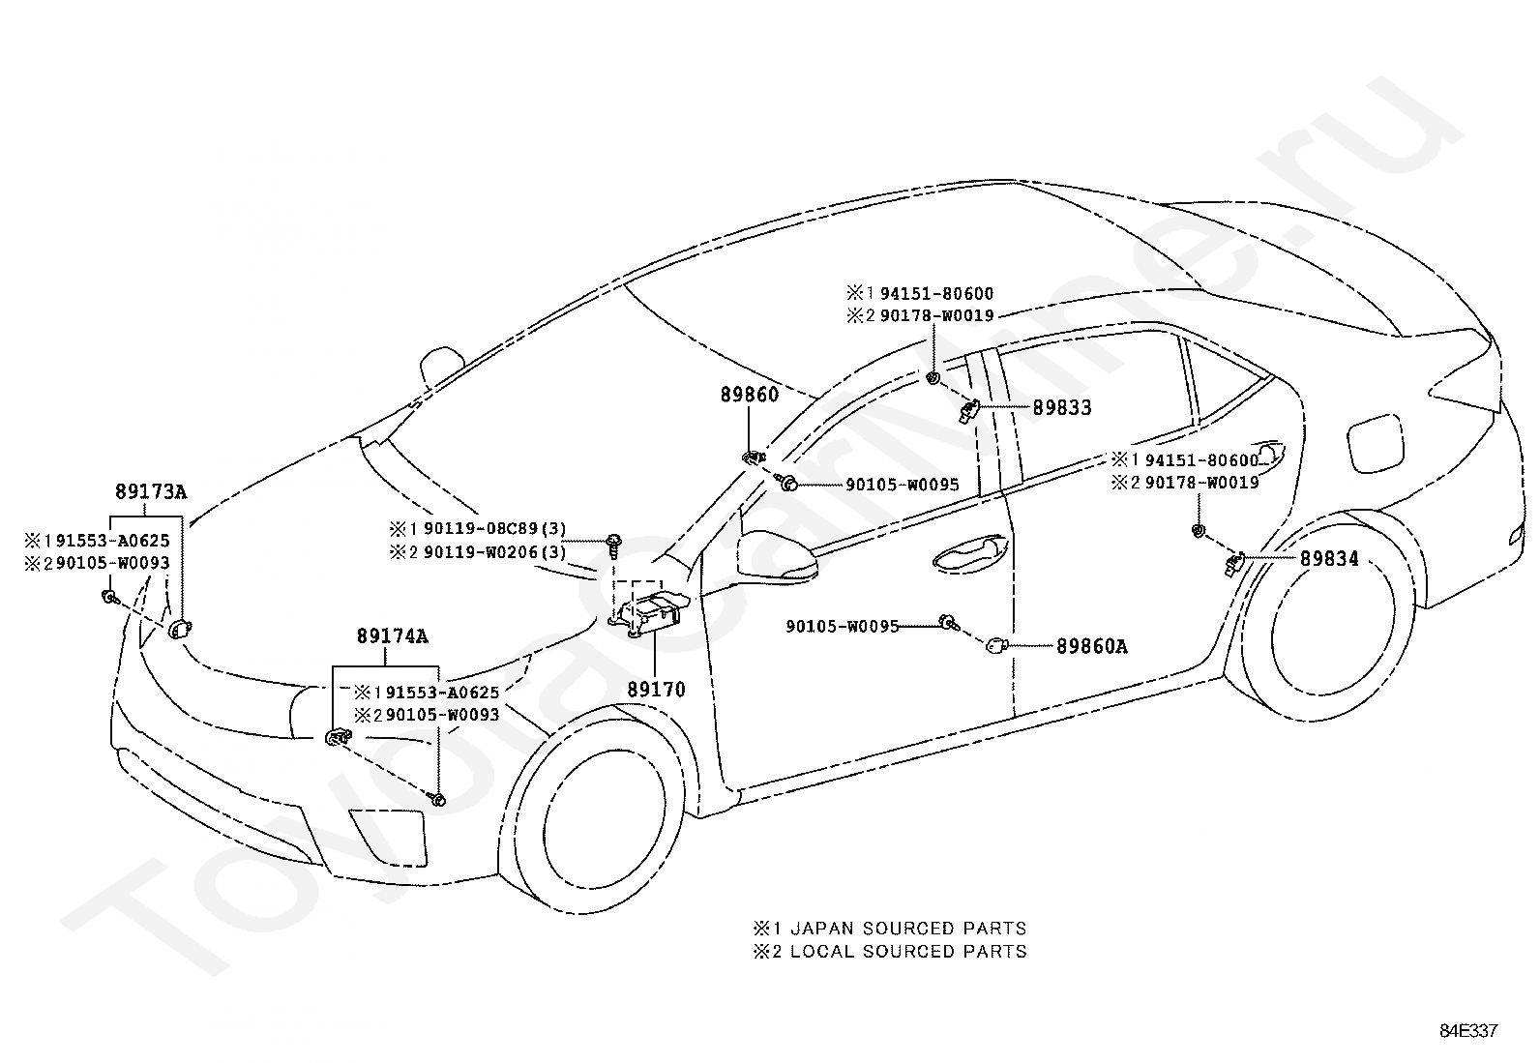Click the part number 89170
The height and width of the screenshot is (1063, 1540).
pos(656,689)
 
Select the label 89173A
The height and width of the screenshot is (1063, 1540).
pos(151,491)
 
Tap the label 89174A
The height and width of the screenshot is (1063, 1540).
pos(392,636)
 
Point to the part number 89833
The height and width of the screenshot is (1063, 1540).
pos(1062,408)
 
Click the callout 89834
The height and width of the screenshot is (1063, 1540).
pos(1329,558)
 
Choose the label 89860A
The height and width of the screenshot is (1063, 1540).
pos(1092,646)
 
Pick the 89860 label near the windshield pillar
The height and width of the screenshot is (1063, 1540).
pos(750,395)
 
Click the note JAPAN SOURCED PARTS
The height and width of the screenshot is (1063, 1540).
pos(908,929)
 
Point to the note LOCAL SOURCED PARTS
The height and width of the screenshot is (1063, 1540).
pos(908,952)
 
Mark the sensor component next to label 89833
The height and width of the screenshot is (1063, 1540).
pos(968,411)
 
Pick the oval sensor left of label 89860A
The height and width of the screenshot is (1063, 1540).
pos(995,646)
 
